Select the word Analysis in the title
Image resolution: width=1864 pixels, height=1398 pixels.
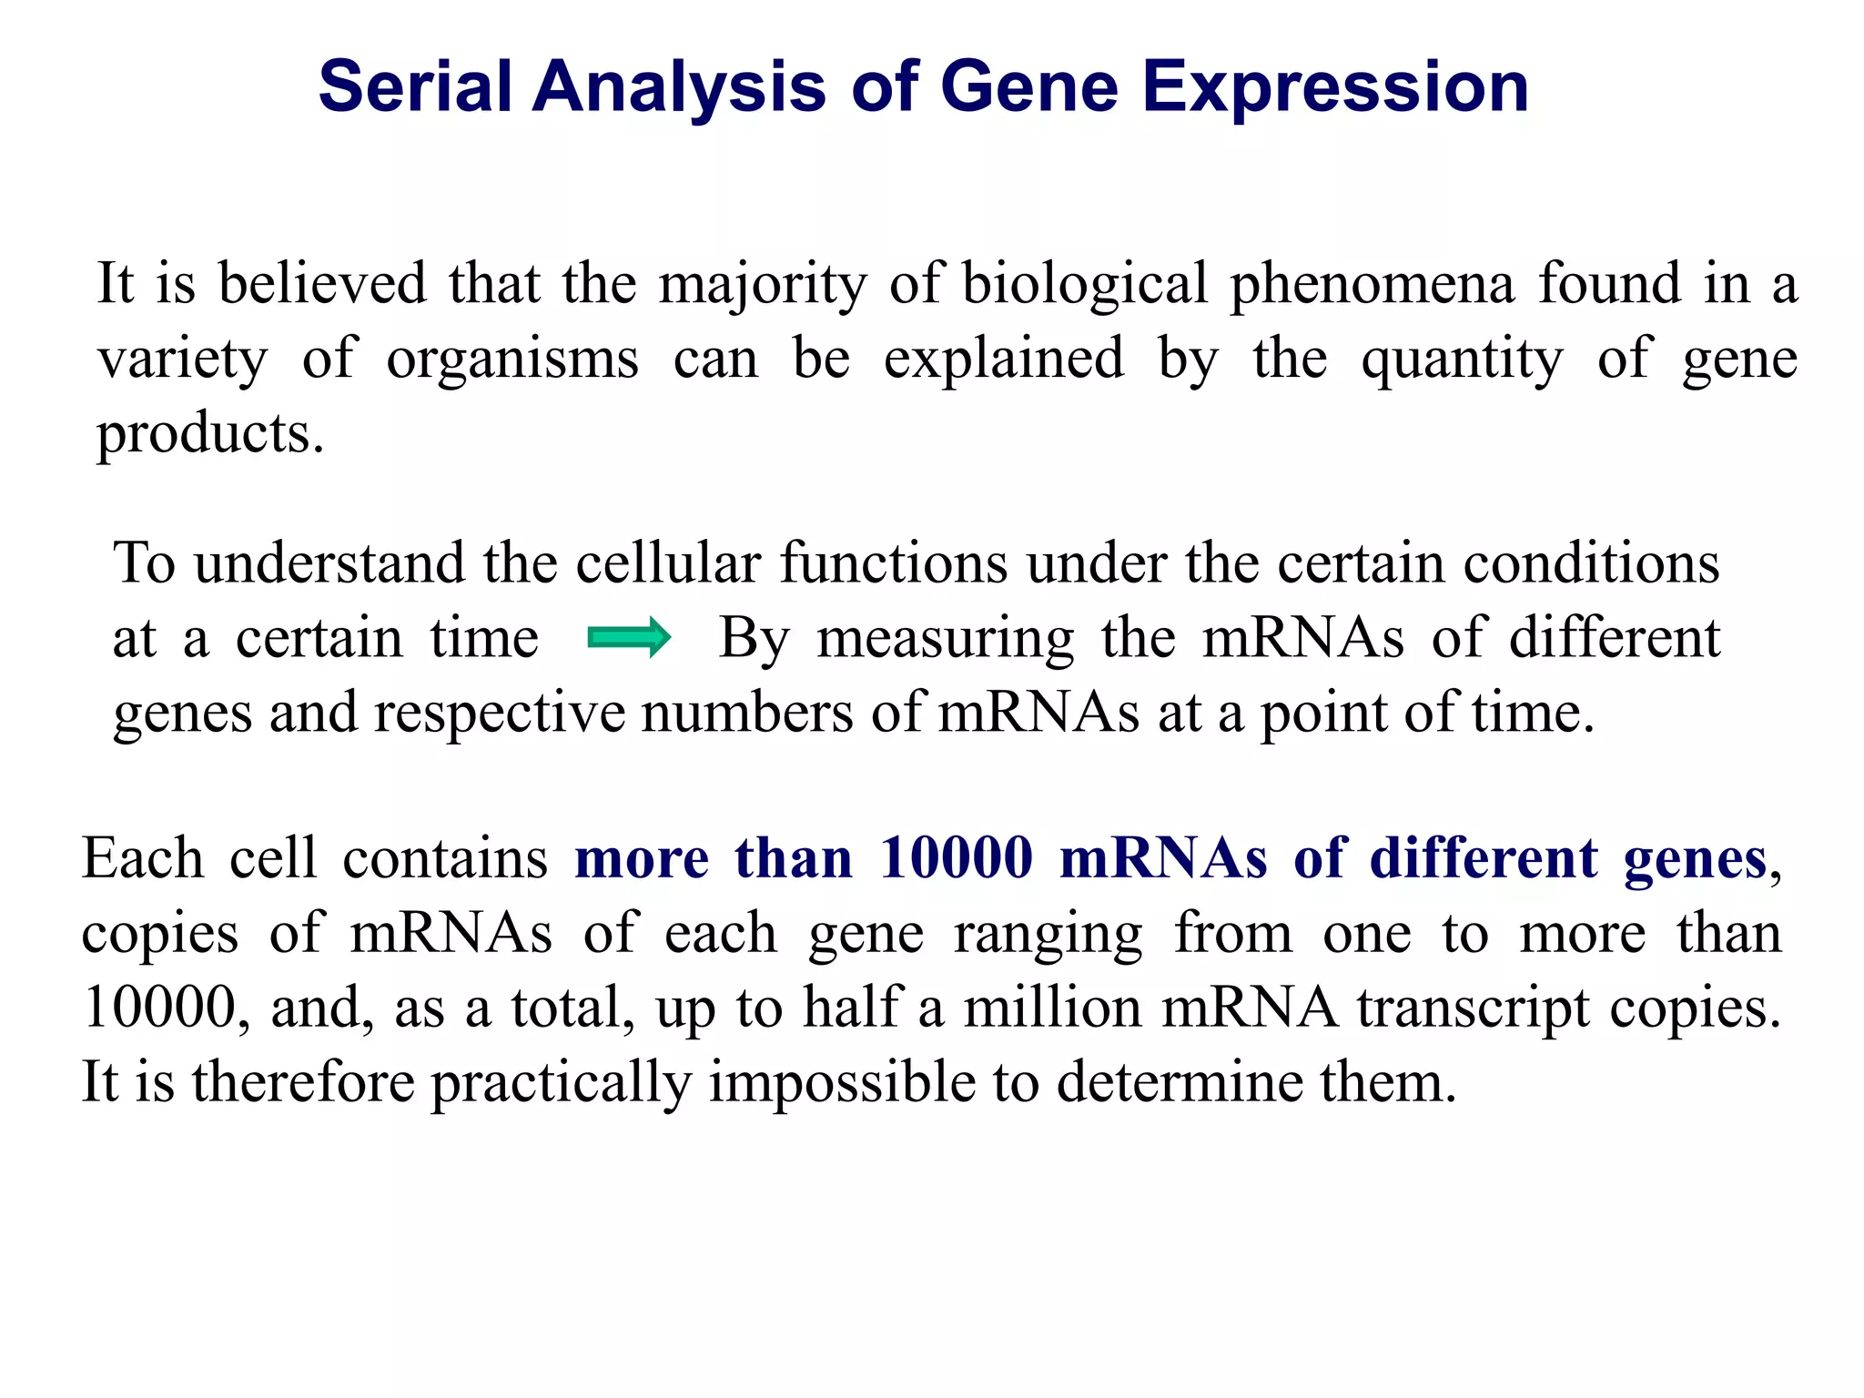click(679, 88)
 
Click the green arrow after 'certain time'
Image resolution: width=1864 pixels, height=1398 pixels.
click(629, 637)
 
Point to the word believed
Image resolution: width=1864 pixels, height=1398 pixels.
click(322, 283)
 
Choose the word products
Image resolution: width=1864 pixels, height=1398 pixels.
click(210, 435)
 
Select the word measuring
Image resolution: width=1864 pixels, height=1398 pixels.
click(946, 639)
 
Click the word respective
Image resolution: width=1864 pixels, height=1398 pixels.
click(499, 714)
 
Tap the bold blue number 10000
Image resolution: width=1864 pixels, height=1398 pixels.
click(956, 858)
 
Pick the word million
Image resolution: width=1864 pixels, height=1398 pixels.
click(1052, 1008)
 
